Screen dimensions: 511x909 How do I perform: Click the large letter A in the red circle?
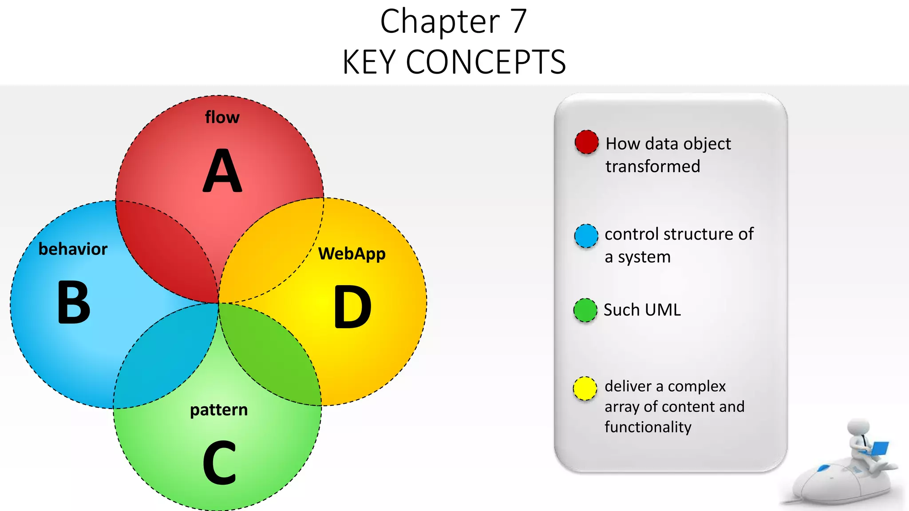click(x=222, y=171)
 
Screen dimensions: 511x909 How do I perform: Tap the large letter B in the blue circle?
click(x=74, y=303)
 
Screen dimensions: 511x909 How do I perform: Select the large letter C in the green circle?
click(x=219, y=463)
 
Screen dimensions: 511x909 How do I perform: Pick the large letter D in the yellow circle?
click(x=352, y=307)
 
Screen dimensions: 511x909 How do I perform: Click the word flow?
click(x=222, y=118)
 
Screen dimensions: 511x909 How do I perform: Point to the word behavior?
click(x=73, y=249)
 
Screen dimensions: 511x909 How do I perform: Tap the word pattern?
click(x=219, y=410)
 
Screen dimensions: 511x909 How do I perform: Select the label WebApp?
click(x=352, y=254)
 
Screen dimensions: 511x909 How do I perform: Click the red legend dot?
click(x=586, y=142)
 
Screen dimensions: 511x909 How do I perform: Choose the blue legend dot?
click(x=586, y=236)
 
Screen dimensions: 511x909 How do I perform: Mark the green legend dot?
click(x=585, y=310)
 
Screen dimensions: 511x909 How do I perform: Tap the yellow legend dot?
click(x=585, y=389)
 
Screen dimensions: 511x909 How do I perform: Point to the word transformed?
click(x=652, y=167)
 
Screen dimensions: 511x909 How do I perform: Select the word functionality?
click(x=648, y=427)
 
